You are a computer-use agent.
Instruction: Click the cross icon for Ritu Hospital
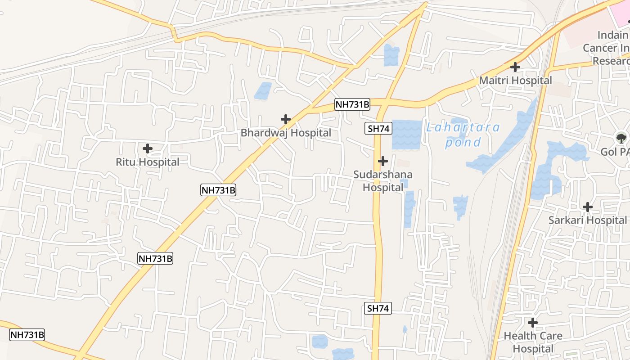point(147,148)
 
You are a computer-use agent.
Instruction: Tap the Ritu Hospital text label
point(148,162)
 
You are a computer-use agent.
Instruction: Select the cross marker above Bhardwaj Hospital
point(285,119)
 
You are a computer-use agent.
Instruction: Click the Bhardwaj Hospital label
point(286,133)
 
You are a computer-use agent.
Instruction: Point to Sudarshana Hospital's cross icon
point(383,161)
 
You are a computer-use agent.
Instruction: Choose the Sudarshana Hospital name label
point(383,181)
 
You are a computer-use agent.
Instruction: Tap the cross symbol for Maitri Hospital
point(515,67)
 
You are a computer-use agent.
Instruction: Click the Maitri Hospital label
point(515,81)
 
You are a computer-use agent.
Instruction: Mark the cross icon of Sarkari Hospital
point(587,207)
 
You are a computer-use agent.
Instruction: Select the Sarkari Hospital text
point(587,220)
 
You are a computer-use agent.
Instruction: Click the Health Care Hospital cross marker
point(533,323)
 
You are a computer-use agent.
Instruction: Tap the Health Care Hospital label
point(533,342)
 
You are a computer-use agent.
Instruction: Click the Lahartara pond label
point(463,135)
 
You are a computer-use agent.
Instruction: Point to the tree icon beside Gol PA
point(621,138)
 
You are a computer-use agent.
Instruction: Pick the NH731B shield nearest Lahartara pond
point(352,105)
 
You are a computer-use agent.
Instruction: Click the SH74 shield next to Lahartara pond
point(378,129)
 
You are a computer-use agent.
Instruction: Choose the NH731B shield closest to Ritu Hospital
point(218,190)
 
